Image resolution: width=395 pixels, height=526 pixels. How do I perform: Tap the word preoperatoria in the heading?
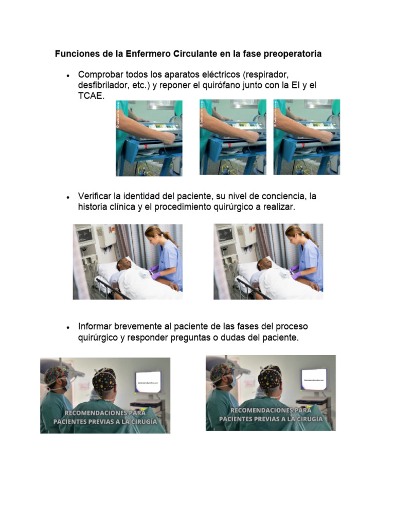coord(293,54)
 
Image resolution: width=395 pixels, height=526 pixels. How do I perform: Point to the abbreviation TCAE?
coord(91,96)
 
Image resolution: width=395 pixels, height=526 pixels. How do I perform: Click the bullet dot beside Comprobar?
coord(68,75)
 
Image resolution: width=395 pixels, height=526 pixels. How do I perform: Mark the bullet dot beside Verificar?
coord(68,197)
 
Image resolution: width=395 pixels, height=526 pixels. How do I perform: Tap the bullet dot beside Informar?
coord(68,327)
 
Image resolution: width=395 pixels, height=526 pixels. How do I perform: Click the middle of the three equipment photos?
coord(232,137)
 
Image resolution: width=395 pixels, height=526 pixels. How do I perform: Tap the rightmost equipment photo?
coord(307,137)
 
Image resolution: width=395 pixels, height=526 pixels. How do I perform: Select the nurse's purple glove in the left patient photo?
coord(153,269)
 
